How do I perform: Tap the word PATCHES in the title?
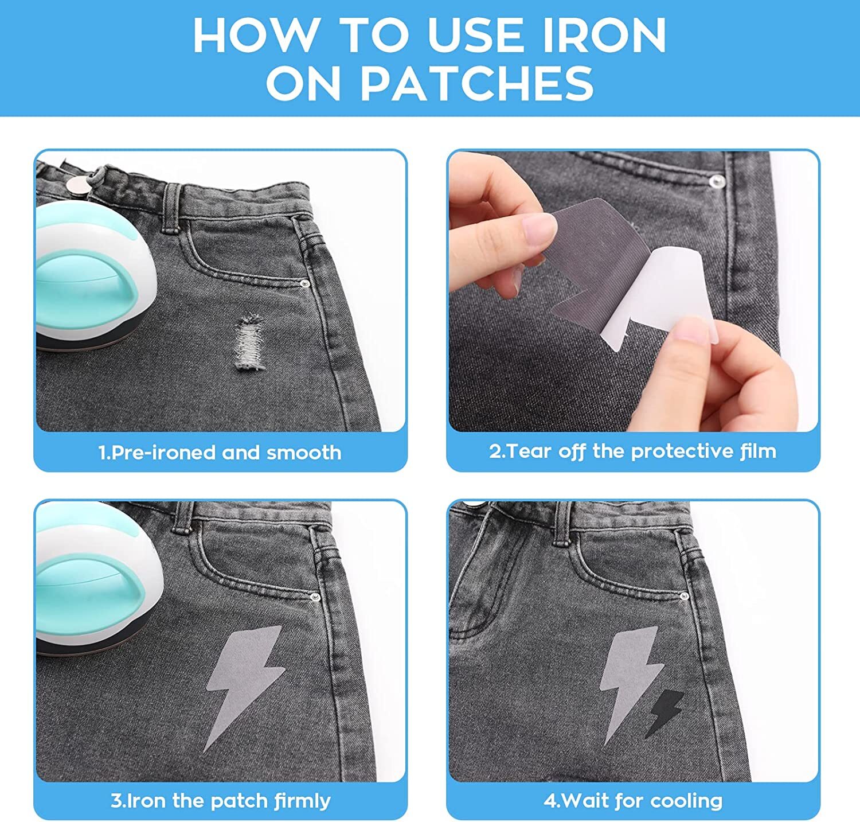pyautogui.click(x=477, y=83)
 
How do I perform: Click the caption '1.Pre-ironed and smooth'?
pyautogui.click(x=220, y=453)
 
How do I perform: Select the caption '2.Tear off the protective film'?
pyautogui.click(x=632, y=451)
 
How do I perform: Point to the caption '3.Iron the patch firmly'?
pyautogui.click(x=220, y=801)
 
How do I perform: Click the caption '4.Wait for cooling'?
pyautogui.click(x=633, y=801)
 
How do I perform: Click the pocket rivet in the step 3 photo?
pyautogui.click(x=313, y=598)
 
